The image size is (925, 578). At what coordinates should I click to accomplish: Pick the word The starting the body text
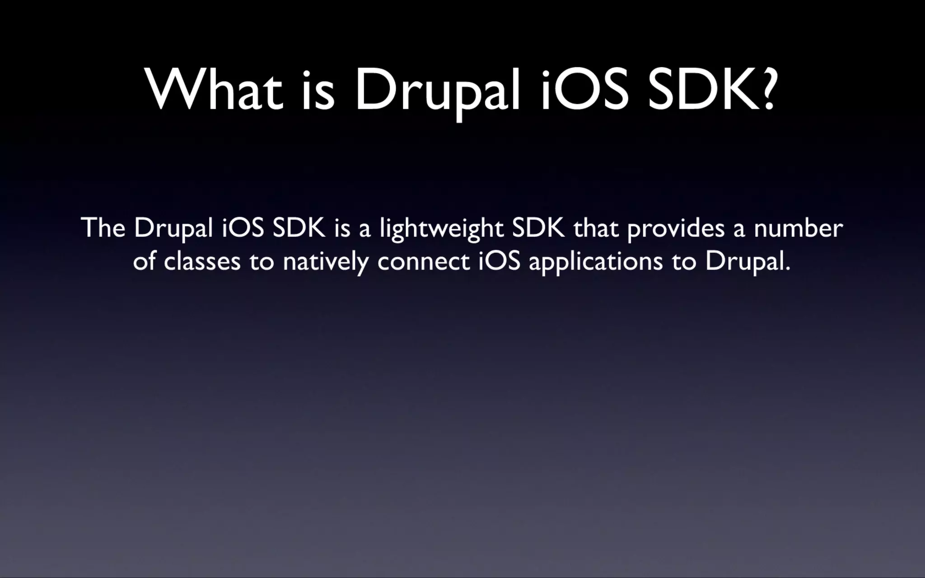click(103, 228)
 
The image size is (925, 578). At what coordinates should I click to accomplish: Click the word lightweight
click(441, 229)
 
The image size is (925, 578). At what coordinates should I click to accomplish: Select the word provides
click(676, 229)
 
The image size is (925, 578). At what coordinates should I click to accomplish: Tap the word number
click(798, 228)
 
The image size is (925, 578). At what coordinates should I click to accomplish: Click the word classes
click(202, 261)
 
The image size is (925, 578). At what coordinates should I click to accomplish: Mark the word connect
click(424, 261)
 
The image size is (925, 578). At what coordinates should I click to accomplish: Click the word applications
click(596, 262)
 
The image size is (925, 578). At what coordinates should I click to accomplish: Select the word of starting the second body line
click(144, 261)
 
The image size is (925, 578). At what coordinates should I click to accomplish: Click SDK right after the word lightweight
click(538, 228)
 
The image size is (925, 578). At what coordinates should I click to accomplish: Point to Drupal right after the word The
click(173, 228)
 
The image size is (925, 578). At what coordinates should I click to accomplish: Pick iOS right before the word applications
click(500, 261)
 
